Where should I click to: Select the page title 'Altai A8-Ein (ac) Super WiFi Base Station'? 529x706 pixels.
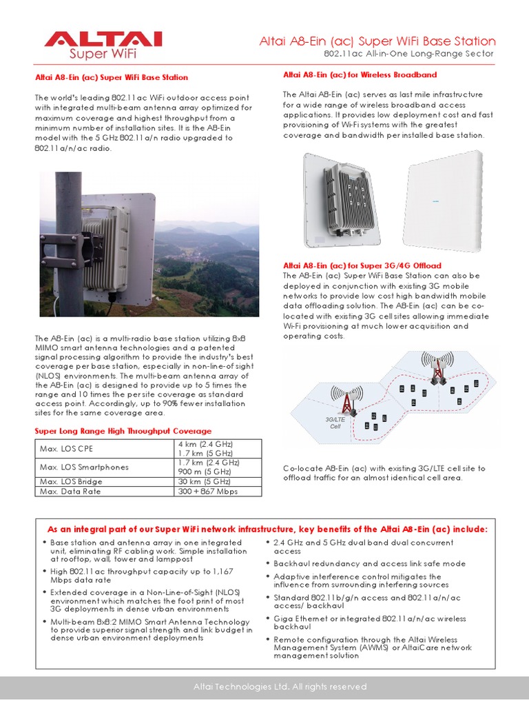[x=377, y=41]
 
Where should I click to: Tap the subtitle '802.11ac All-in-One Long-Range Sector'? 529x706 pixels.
[x=409, y=54]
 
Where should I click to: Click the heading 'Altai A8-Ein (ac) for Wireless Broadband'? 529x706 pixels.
[x=360, y=74]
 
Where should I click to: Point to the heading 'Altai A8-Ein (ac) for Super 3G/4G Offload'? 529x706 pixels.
[x=362, y=265]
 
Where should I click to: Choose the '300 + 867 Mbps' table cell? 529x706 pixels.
[x=209, y=491]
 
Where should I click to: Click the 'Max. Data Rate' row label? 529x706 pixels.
[x=70, y=491]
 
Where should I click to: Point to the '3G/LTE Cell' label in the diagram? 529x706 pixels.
[x=334, y=423]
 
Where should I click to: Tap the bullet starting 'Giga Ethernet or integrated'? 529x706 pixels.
[x=369, y=623]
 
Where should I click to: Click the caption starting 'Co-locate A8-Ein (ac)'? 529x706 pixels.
[x=384, y=473]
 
